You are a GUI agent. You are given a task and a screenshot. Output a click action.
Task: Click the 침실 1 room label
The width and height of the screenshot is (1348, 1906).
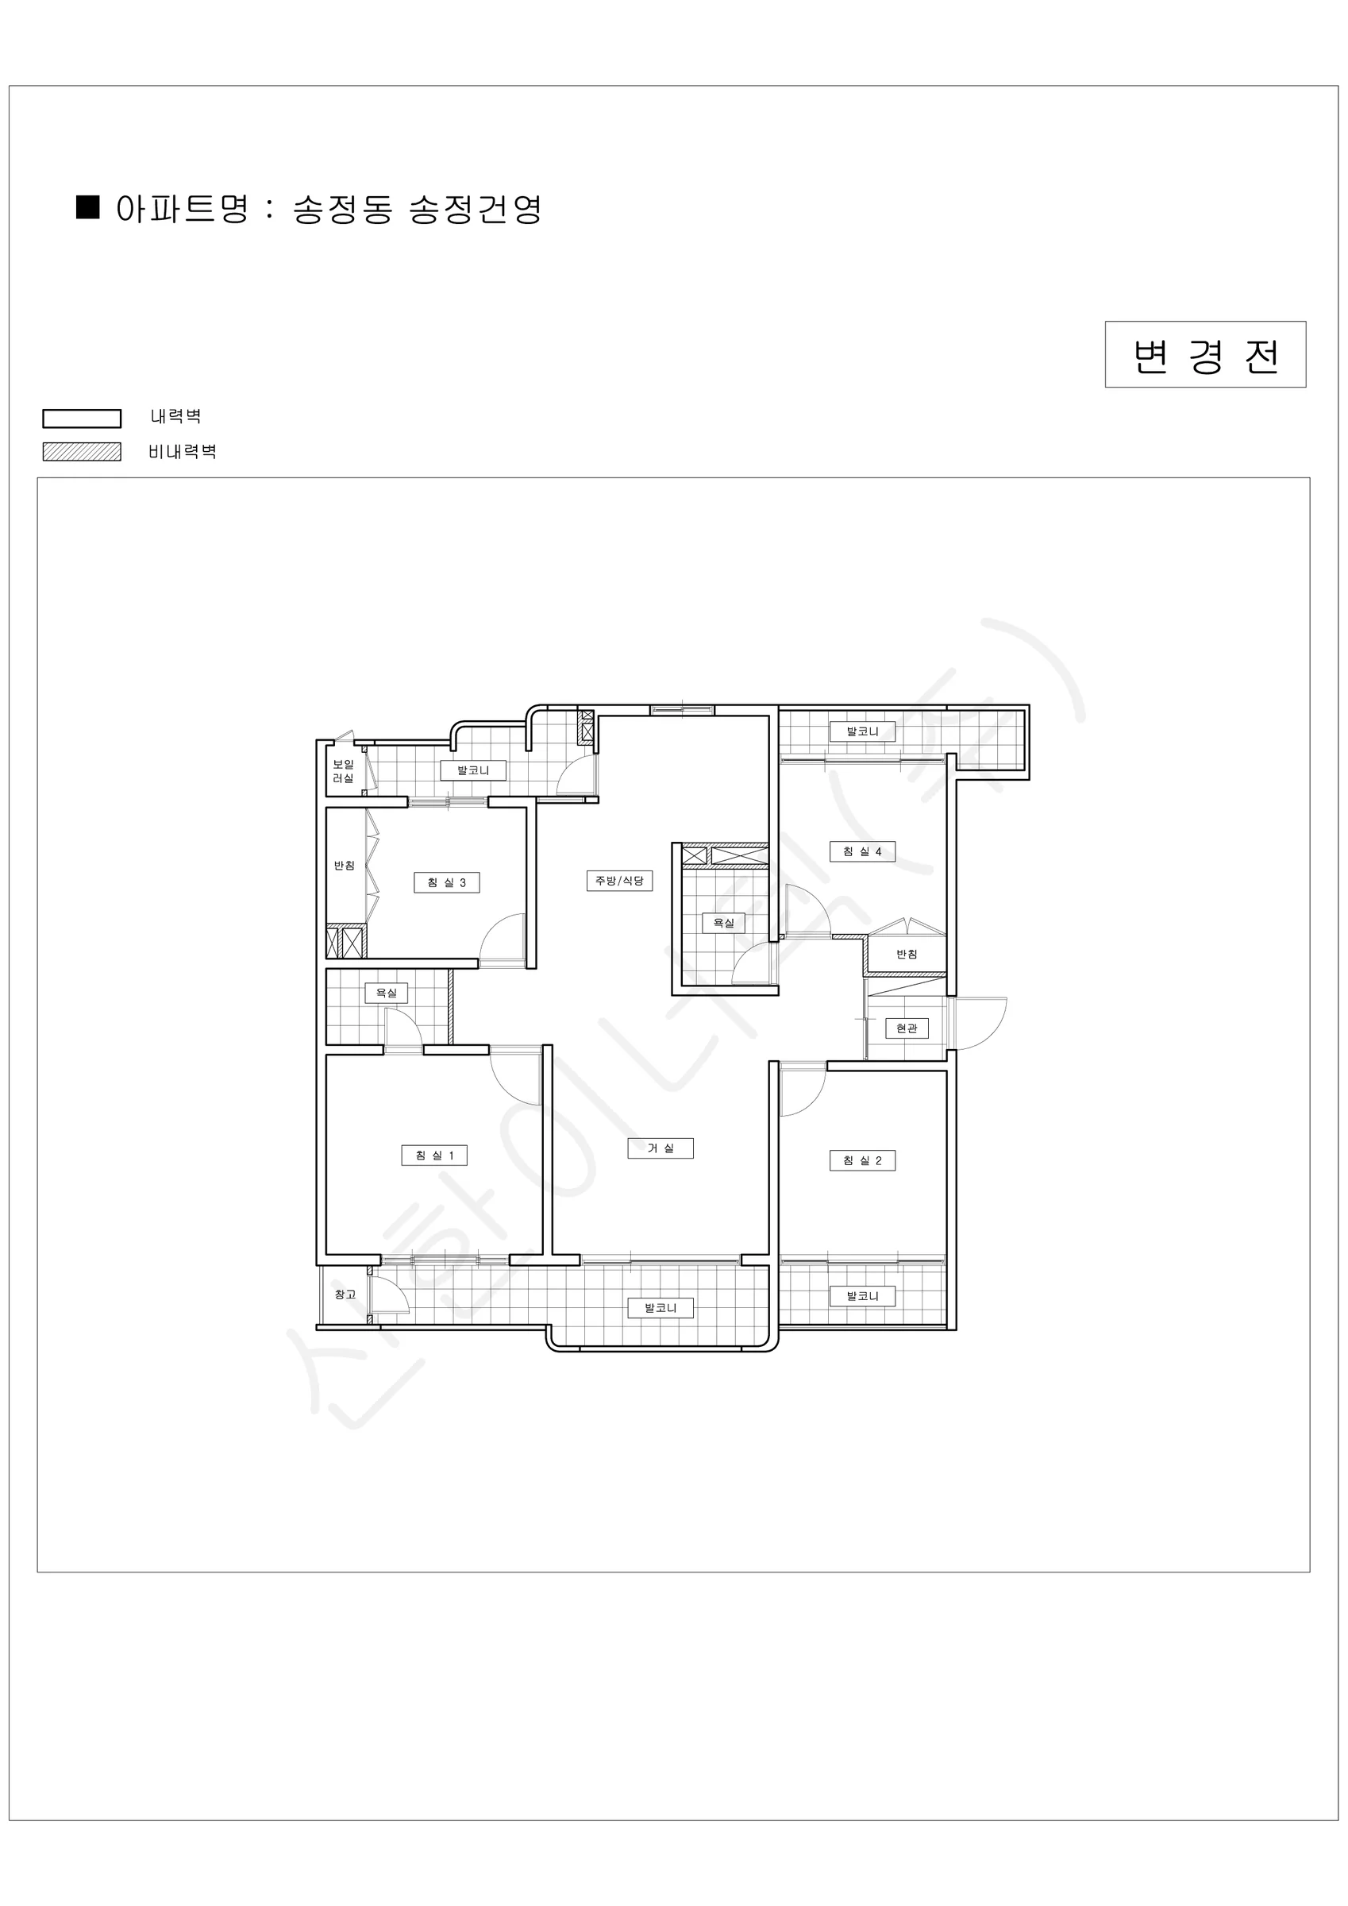(x=434, y=1156)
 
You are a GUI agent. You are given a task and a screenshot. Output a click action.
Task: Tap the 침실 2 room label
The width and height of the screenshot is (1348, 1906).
(x=862, y=1160)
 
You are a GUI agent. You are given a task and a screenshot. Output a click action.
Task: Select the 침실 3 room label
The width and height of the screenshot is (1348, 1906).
(x=447, y=882)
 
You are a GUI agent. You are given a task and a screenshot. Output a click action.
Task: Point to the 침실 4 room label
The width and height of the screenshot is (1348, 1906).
(x=862, y=851)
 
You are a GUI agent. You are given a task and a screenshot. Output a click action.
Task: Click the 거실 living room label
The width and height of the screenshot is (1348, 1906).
(x=661, y=1148)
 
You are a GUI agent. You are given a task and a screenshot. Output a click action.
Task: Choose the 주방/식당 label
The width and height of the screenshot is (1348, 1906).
(x=619, y=880)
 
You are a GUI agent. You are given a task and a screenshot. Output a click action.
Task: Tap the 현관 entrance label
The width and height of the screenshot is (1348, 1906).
(x=907, y=1028)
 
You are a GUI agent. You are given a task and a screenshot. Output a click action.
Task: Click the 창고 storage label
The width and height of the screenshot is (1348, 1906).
(x=345, y=1294)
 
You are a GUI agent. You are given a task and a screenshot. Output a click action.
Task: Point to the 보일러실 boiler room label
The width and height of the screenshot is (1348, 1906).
(x=344, y=771)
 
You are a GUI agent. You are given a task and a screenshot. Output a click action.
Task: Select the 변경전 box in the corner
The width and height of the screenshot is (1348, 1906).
(x=1205, y=354)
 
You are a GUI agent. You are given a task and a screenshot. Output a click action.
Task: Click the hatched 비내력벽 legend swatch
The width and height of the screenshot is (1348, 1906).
(x=83, y=452)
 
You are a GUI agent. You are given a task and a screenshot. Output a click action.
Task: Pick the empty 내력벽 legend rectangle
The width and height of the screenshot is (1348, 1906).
(x=83, y=419)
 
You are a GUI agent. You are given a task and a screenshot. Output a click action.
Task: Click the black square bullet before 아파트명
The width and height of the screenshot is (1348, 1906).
(x=88, y=206)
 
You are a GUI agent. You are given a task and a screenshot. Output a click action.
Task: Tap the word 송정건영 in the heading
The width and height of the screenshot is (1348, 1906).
(x=476, y=209)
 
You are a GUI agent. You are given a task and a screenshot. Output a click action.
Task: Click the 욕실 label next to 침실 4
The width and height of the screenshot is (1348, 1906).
(x=724, y=922)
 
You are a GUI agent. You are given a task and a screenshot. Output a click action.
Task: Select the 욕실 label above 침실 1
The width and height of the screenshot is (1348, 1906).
(x=387, y=993)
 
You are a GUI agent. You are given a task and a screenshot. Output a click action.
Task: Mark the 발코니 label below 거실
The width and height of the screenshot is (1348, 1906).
(x=661, y=1308)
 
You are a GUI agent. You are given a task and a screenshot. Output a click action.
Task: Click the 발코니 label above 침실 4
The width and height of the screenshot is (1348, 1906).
(x=862, y=731)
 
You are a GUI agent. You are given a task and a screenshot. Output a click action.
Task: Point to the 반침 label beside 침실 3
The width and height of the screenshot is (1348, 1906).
(x=345, y=865)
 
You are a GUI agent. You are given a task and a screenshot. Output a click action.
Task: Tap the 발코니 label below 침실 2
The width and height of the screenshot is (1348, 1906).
(x=862, y=1296)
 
